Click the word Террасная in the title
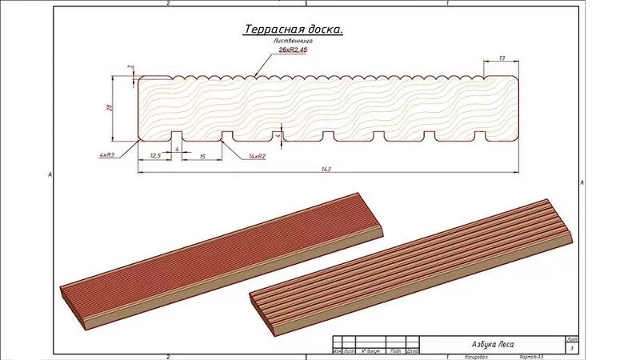coord(271,30)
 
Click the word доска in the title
coord(322,30)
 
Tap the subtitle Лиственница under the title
coord(293,40)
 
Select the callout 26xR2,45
coord(293,50)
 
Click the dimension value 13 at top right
coord(502,58)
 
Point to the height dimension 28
coord(110,108)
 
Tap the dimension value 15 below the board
coord(202,156)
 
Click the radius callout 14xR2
coord(257,156)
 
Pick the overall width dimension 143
coord(326,169)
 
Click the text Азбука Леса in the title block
coord(493,345)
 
